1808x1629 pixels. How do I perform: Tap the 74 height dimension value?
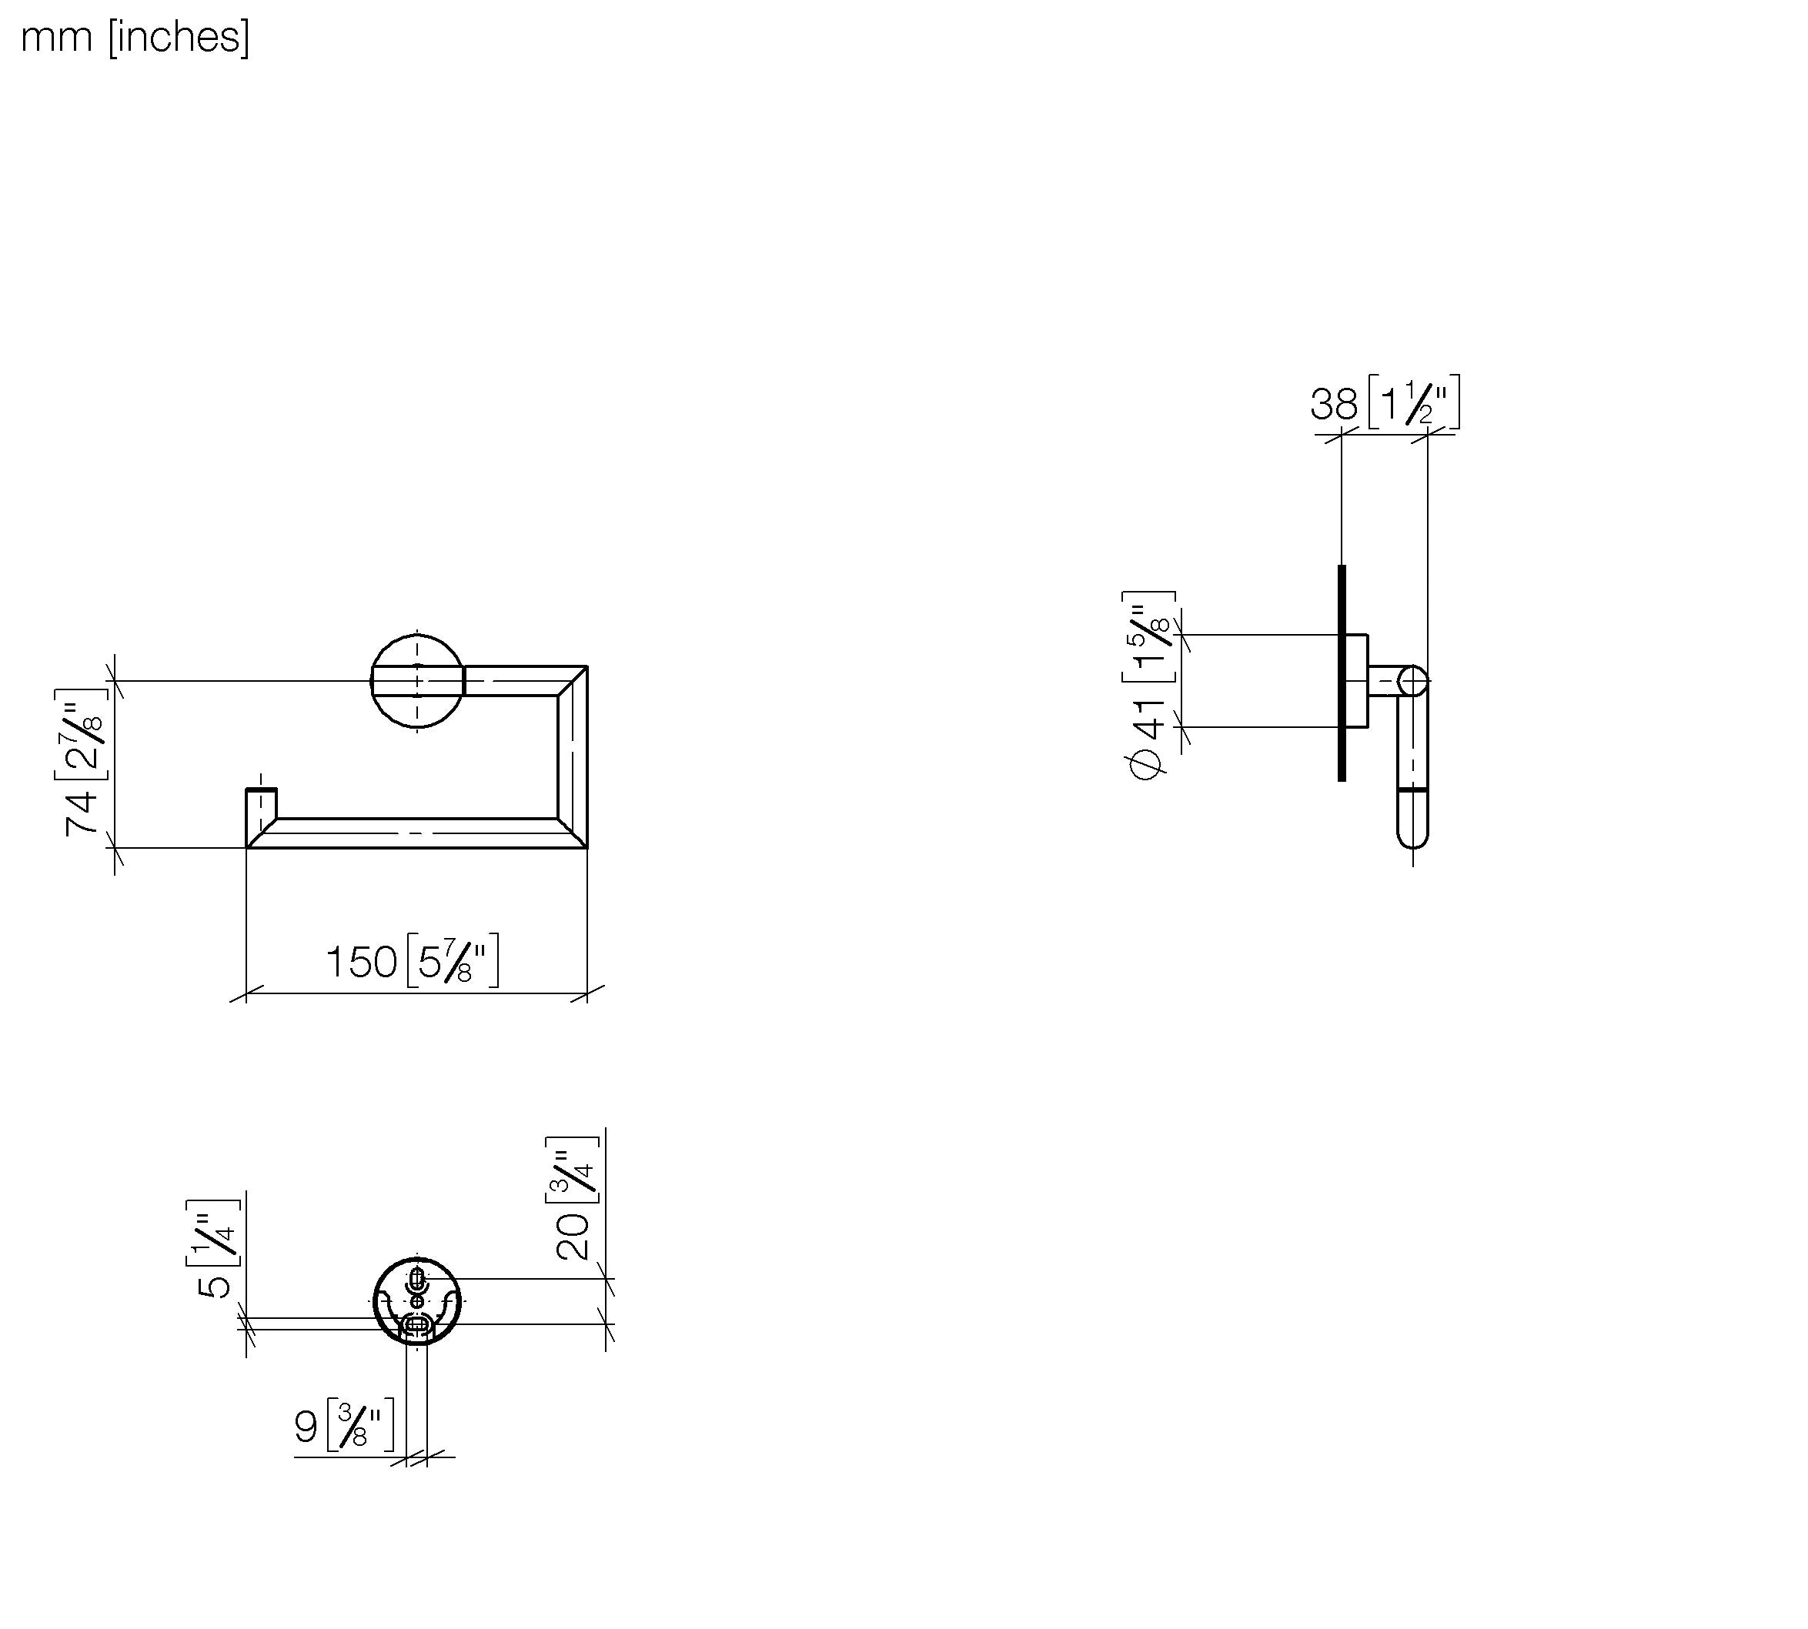pos(82,813)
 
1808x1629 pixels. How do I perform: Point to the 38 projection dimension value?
pos(1334,404)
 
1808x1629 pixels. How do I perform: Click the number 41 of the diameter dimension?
pos(1149,720)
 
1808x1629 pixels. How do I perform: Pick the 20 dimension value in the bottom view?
pos(573,1237)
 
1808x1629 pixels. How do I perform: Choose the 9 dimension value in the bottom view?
pos(306,1427)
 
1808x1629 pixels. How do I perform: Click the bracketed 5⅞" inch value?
pos(453,961)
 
